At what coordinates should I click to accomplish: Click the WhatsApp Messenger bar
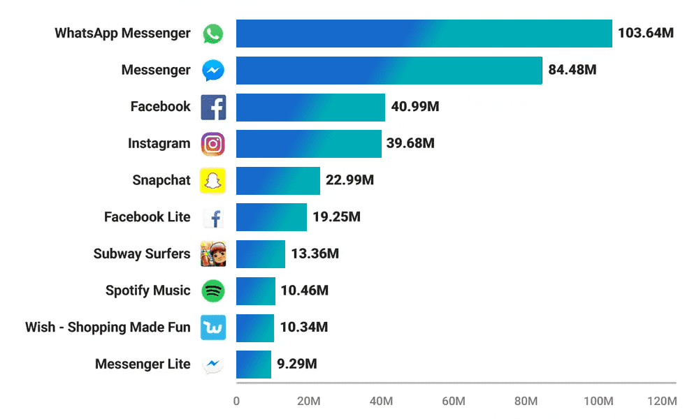pyautogui.click(x=424, y=34)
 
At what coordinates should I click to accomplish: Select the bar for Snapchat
pyautogui.click(x=278, y=180)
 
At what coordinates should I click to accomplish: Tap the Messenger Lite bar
pyautogui.click(x=253, y=364)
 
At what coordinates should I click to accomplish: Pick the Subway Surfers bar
pyautogui.click(x=260, y=253)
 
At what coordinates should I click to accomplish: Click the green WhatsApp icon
pyautogui.click(x=212, y=34)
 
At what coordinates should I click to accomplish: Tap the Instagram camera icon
pyautogui.click(x=213, y=144)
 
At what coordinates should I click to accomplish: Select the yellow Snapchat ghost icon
pyautogui.click(x=213, y=180)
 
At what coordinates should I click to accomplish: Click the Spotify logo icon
pyautogui.click(x=213, y=291)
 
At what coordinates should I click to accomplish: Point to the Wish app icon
pyautogui.click(x=213, y=327)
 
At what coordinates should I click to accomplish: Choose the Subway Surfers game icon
pyautogui.click(x=213, y=253)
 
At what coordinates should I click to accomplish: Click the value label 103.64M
pyautogui.click(x=645, y=34)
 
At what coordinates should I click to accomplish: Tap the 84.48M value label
pyautogui.click(x=572, y=70)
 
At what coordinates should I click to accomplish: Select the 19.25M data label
pyautogui.click(x=336, y=217)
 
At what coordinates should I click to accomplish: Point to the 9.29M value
pyautogui.click(x=296, y=364)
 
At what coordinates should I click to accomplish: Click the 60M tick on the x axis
pyautogui.click(x=454, y=402)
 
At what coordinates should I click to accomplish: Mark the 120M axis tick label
pyautogui.click(x=661, y=402)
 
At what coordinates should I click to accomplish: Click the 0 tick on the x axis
pyautogui.click(x=236, y=402)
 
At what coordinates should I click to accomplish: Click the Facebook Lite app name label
pyautogui.click(x=147, y=217)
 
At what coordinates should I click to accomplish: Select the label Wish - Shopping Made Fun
pyautogui.click(x=108, y=328)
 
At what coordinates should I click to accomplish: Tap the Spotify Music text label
pyautogui.click(x=147, y=291)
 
